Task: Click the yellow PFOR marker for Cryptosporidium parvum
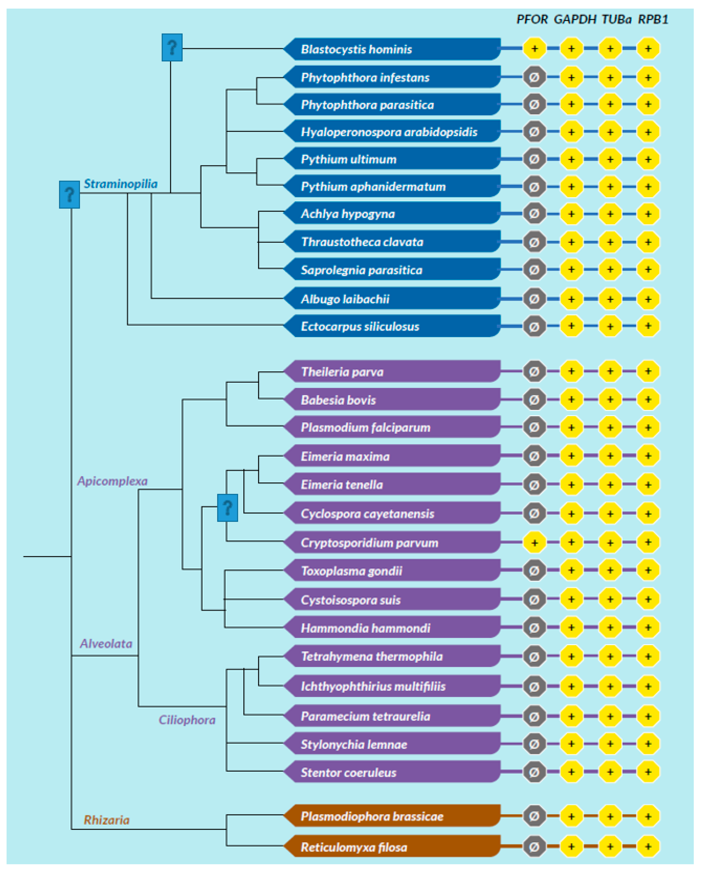pos(535,542)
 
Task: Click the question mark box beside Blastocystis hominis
pos(172,47)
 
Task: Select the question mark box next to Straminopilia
pos(69,195)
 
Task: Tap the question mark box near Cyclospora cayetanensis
pos(228,507)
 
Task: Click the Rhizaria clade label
pos(107,820)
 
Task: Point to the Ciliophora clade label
pos(187,720)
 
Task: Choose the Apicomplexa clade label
pos(112,481)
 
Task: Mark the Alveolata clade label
pos(106,644)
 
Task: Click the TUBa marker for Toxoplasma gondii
pos(610,570)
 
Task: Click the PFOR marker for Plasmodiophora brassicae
pos(535,816)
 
